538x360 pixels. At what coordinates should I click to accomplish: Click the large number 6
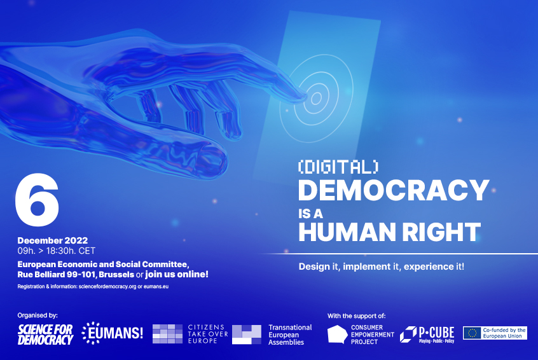coord(37,199)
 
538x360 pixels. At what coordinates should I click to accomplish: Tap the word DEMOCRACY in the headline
coord(393,190)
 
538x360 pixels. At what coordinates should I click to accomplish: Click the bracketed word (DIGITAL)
coord(338,166)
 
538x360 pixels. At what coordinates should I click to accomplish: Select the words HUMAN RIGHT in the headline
coord(389,232)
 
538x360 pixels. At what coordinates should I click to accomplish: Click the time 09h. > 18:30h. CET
coord(57,251)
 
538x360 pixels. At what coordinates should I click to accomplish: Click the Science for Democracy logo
coord(45,334)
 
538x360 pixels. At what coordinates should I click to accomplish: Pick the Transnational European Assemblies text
coord(290,335)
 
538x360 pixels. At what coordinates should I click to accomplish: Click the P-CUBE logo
coord(427,334)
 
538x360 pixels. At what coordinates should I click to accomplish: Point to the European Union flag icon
coord(472,333)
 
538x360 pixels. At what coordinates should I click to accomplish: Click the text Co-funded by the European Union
coord(505,333)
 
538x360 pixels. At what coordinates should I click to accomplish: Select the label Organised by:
coord(38,315)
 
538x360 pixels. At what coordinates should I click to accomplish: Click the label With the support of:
coord(356,315)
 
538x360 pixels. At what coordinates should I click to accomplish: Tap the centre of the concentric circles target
coord(315,98)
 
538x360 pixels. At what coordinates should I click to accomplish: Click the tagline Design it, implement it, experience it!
coord(382,266)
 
